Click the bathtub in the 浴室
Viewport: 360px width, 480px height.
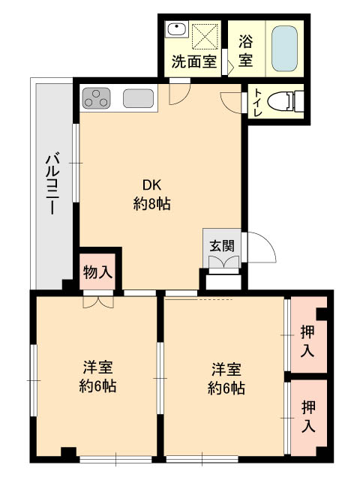pos(284,49)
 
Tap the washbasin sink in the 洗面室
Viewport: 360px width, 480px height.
pos(177,30)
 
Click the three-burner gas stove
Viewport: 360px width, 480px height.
pos(96,98)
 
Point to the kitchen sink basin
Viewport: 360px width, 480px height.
pos(138,98)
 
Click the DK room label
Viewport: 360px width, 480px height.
pos(151,185)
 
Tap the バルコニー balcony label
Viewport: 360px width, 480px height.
pos(52,184)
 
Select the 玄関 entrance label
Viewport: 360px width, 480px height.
pos(222,245)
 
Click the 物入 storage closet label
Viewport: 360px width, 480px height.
pos(97,272)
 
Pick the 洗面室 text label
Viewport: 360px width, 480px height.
pos(194,61)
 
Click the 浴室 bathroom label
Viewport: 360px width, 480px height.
pos(245,50)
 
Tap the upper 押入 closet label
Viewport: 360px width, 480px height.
pos(307,341)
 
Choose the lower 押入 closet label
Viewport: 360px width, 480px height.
pos(308,417)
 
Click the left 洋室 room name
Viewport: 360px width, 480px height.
pos(98,367)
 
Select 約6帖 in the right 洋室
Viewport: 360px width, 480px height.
pos(226,388)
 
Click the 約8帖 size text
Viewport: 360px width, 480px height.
pos(151,203)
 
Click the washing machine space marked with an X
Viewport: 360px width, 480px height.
pos(205,36)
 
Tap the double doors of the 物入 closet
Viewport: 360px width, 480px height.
pos(98,302)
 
